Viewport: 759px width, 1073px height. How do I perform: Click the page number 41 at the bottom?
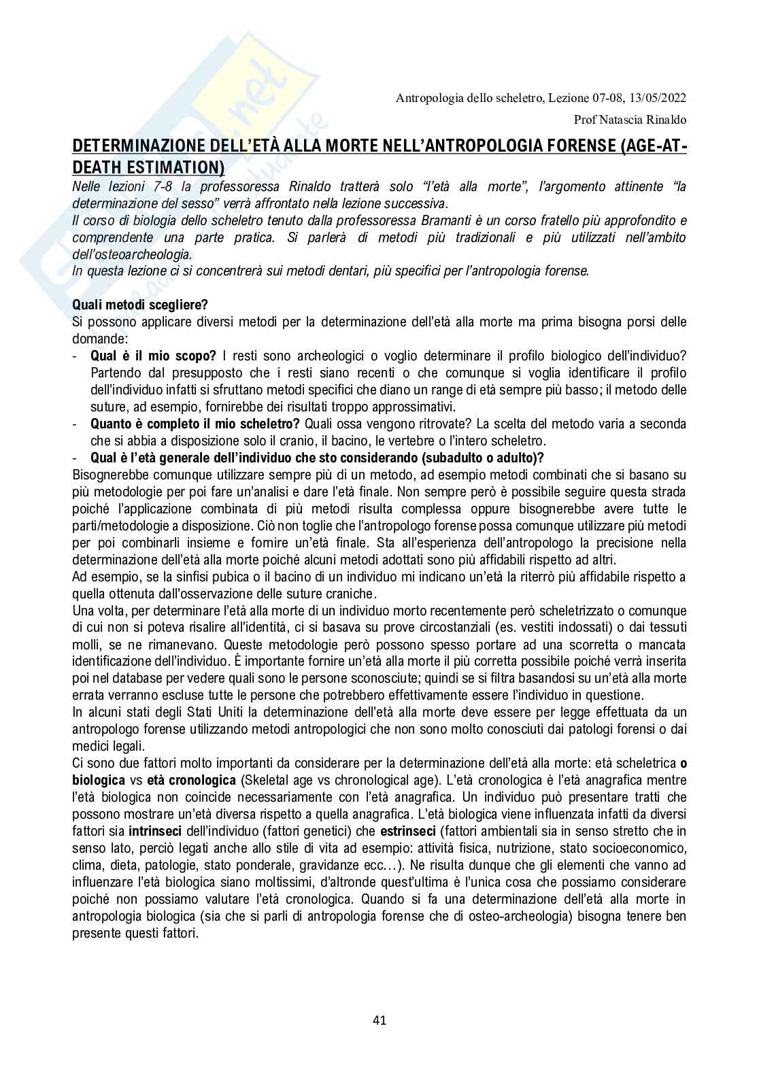point(379,1019)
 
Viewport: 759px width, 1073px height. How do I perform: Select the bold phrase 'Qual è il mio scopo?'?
point(153,356)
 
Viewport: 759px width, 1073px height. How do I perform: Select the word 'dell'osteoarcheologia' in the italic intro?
point(132,254)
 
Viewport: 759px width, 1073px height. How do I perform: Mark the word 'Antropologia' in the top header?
point(428,99)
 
